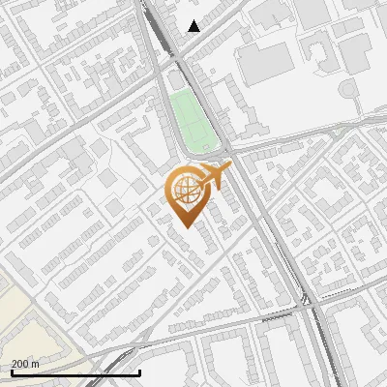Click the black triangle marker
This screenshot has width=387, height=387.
193,26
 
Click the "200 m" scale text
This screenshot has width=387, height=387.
25,364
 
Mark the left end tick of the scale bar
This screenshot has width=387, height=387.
11,372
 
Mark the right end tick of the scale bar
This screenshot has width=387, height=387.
140,372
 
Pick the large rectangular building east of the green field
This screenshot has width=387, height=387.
264,61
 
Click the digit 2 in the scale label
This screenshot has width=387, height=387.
15,364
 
